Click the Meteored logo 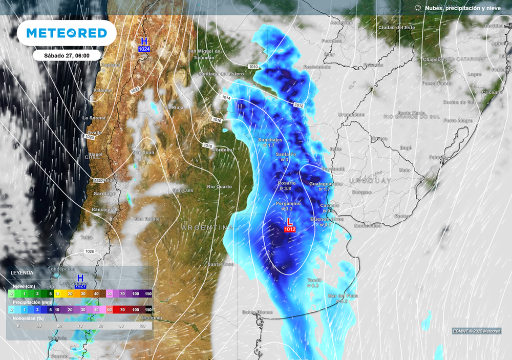[67, 33]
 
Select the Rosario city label [287, 183]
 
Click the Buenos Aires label [327, 219]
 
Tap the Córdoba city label [222, 150]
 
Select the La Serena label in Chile [94, 118]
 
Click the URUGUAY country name [370, 181]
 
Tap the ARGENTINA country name [207, 227]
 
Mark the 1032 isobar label [135, 90]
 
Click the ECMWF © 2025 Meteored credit [477, 331]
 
